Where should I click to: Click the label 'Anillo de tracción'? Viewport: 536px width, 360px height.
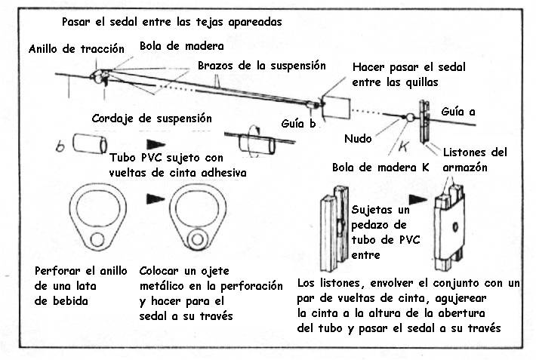(x=75, y=50)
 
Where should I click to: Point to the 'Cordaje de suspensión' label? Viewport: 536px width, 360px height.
(x=151, y=119)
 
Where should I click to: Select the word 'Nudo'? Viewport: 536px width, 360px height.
(x=357, y=140)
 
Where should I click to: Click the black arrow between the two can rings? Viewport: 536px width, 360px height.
(x=156, y=198)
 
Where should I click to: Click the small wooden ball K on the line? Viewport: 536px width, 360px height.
(x=407, y=118)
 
